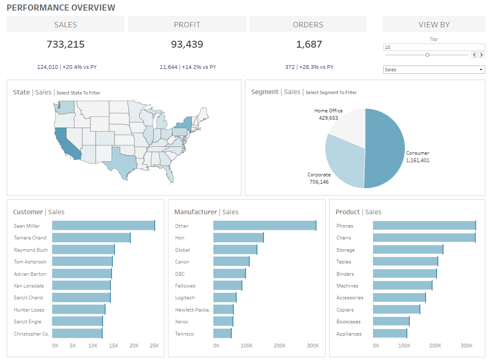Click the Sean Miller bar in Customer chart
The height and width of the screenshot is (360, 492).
[x=103, y=226]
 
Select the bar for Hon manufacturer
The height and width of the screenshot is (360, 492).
[x=238, y=237]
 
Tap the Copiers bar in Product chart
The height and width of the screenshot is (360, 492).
[x=396, y=310]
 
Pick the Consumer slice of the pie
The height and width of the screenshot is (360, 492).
[x=385, y=149]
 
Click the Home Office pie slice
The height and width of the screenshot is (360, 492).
[x=348, y=122]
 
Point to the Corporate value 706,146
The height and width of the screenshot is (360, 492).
[x=319, y=182]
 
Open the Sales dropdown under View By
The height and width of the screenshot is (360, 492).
[x=434, y=70]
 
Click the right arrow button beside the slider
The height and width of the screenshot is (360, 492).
[x=481, y=55]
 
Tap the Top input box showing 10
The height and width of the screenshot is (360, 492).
[x=434, y=47]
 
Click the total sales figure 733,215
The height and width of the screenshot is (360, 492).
[x=66, y=44]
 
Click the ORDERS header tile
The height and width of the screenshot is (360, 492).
[x=308, y=24]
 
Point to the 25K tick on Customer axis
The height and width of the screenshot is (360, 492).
[x=154, y=345]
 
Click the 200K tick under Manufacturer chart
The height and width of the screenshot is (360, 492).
[x=279, y=345]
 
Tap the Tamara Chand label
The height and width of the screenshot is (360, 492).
[x=30, y=238]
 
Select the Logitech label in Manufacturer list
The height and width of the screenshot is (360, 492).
[x=185, y=298]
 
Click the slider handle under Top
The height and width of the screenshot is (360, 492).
[x=427, y=55]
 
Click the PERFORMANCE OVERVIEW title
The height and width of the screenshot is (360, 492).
[x=61, y=7]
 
